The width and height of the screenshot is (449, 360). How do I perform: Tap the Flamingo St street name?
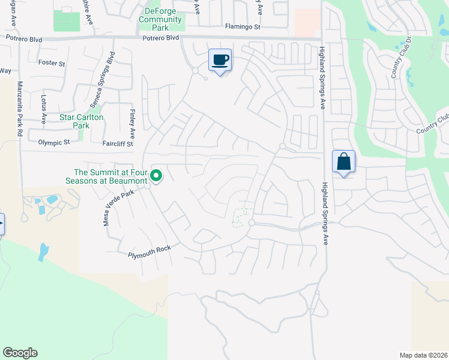point(243,27)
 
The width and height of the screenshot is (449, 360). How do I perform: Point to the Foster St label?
point(51,62)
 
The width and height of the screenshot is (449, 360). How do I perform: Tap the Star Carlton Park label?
point(81,121)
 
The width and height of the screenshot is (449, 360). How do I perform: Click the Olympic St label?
point(54,142)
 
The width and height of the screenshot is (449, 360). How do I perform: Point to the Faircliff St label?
point(117,144)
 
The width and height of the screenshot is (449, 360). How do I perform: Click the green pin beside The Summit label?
point(156,176)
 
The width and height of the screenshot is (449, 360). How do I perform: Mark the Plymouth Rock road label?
point(149,251)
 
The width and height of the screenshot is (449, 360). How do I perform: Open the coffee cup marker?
point(220,60)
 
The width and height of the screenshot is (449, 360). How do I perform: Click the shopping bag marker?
point(343,161)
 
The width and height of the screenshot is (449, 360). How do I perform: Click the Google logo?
point(20,353)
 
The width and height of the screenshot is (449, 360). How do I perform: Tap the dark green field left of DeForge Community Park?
point(66,20)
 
